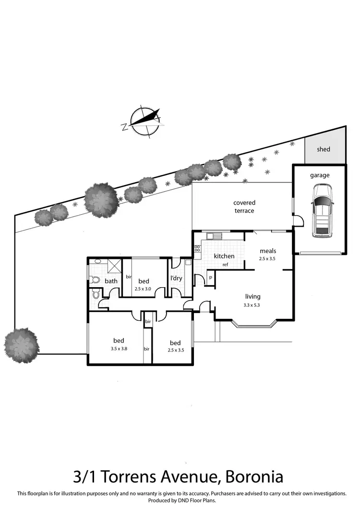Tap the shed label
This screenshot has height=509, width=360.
tap(324, 149)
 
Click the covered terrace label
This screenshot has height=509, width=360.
tap(244, 207)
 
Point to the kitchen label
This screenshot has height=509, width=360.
tap(224, 256)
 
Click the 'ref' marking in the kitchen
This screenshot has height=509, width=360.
tap(225, 265)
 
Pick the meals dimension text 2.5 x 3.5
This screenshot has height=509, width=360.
tap(267, 259)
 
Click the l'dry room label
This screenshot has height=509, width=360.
tap(176, 278)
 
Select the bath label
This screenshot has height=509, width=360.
tap(111, 281)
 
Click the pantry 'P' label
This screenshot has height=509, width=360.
tap(210, 278)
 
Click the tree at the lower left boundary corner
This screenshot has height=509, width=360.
tap(22, 342)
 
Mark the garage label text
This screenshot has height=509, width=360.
tap(320, 175)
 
